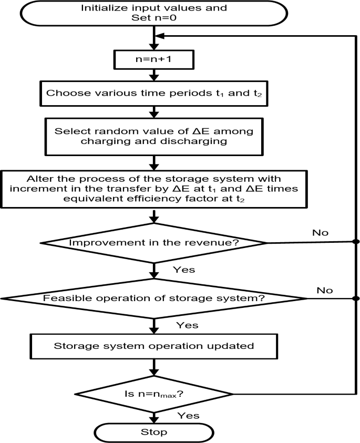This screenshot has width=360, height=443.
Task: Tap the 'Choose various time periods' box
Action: click(154, 95)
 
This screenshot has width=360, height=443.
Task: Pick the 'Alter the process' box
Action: click(154, 189)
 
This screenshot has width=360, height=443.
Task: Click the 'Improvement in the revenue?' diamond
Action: click(154, 243)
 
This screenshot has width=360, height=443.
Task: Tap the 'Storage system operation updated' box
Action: click(154, 346)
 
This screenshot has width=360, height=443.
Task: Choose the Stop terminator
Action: click(154, 433)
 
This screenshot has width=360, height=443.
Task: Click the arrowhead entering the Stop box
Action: click(154, 420)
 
